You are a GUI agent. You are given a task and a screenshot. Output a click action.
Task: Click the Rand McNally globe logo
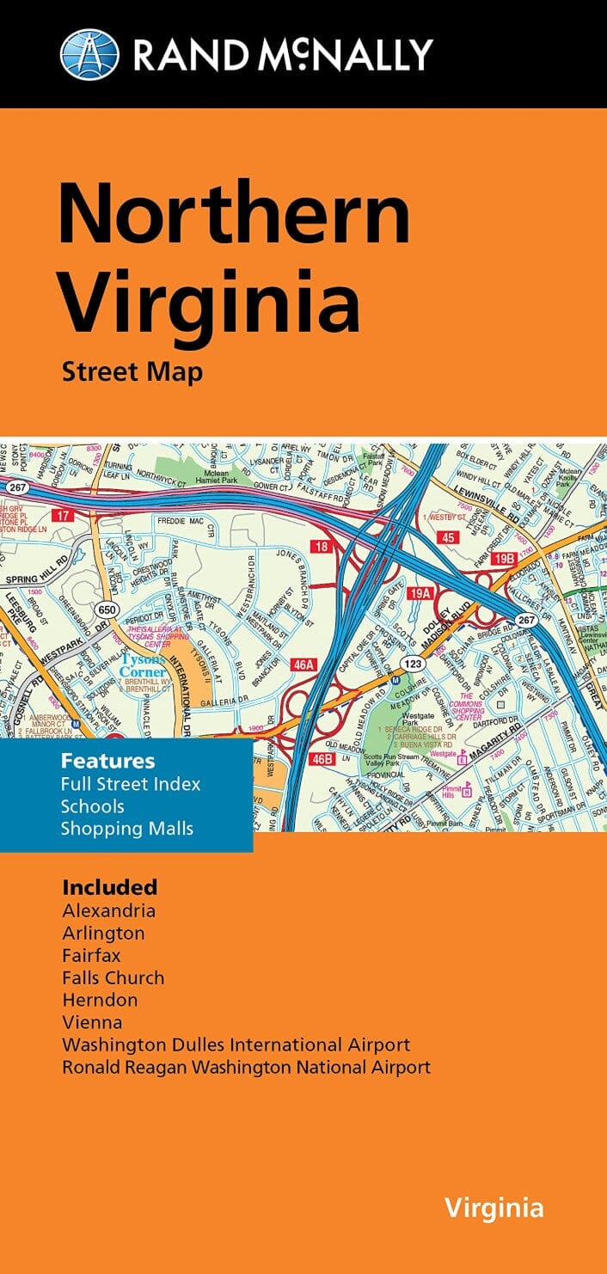[89, 54]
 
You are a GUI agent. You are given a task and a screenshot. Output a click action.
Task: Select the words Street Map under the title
[132, 372]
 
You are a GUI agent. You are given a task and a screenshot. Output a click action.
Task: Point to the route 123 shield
[411, 664]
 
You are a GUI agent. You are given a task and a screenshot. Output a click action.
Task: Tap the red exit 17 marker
[61, 516]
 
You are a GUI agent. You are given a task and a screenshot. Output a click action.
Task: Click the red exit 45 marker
[447, 538]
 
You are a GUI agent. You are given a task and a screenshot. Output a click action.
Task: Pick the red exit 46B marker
[322, 758]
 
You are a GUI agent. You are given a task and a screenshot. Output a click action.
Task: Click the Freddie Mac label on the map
[182, 521]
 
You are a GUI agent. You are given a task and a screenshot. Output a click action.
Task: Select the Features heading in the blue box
[107, 761]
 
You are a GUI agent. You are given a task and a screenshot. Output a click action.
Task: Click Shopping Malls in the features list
[127, 829]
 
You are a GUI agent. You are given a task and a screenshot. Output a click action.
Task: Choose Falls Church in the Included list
[113, 977]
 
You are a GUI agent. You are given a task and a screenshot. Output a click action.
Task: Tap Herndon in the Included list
[100, 1000]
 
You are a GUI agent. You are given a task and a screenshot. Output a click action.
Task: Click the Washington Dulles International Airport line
[236, 1045]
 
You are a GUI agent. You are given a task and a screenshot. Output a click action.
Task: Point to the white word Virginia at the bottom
[494, 1208]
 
